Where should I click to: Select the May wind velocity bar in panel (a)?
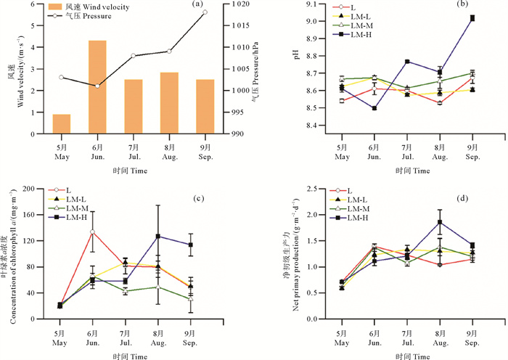click(x=62, y=124)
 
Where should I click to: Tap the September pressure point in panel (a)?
click(x=205, y=12)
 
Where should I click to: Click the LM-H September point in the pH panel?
click(x=472, y=18)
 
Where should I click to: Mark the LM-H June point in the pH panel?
click(x=374, y=108)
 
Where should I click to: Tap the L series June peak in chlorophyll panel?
click(x=93, y=232)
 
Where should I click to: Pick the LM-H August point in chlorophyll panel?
click(x=157, y=237)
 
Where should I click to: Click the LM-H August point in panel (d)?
click(x=440, y=222)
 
